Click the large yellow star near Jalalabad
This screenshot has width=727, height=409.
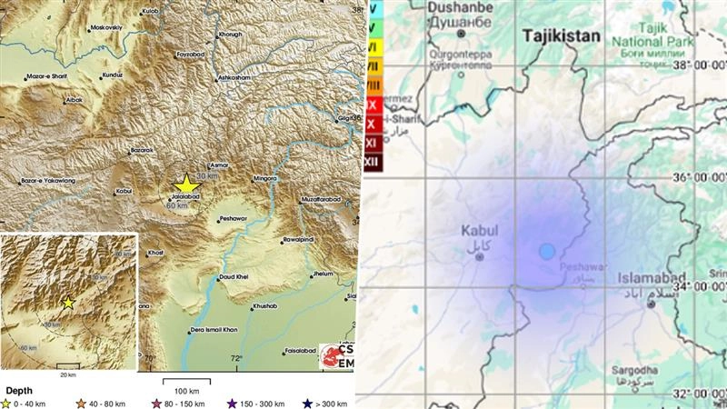[185, 185]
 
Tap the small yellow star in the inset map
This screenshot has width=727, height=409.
[67, 303]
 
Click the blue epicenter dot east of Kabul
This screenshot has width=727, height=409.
[546, 251]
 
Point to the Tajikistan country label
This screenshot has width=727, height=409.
[563, 36]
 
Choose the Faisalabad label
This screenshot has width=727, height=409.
[302, 350]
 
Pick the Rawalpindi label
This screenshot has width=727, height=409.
[303, 241]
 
